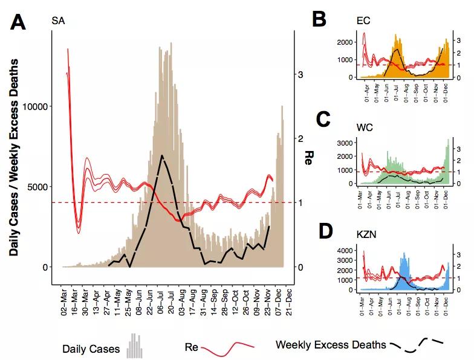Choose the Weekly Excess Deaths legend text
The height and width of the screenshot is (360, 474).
pyautogui.click(x=330, y=345)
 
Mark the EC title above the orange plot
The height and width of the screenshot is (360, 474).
pyautogui.click(x=363, y=21)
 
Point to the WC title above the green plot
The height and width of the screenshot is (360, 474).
pyautogui.click(x=364, y=129)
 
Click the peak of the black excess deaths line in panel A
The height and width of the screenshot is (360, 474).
pyautogui.click(x=161, y=155)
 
